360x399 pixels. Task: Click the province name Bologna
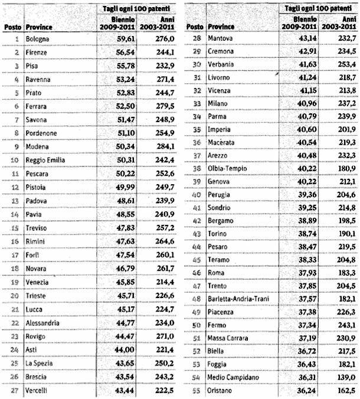tap(37, 40)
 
